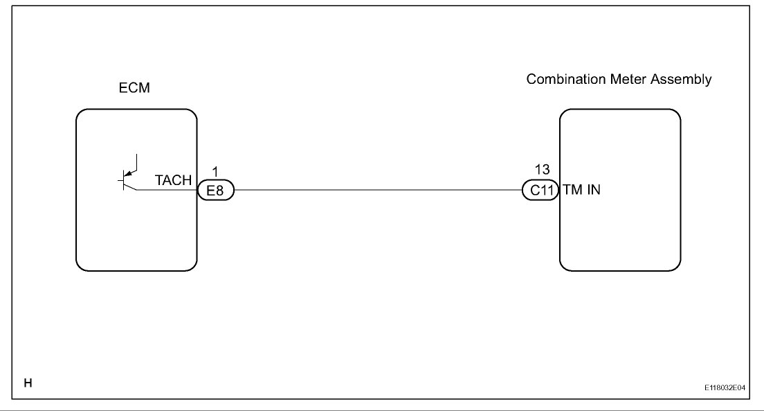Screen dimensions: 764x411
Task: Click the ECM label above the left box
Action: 134,88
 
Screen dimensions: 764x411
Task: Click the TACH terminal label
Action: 174,180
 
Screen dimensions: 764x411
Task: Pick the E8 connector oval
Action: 216,190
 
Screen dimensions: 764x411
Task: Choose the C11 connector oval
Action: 540,190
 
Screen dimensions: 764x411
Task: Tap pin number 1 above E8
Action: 215,171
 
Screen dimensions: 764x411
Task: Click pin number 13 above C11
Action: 543,169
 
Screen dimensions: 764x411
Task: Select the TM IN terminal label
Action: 582,189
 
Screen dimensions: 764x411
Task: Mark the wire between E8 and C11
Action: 378,190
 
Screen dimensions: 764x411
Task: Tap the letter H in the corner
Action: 28,383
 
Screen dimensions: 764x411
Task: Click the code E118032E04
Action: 725,387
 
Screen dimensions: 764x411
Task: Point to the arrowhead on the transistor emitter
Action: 128,173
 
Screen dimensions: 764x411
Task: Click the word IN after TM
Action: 594,189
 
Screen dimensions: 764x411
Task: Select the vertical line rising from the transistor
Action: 137,162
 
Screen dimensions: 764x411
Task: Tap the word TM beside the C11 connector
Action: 573,189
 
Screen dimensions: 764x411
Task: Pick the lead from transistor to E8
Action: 167,190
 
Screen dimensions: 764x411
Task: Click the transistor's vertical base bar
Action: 124,181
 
